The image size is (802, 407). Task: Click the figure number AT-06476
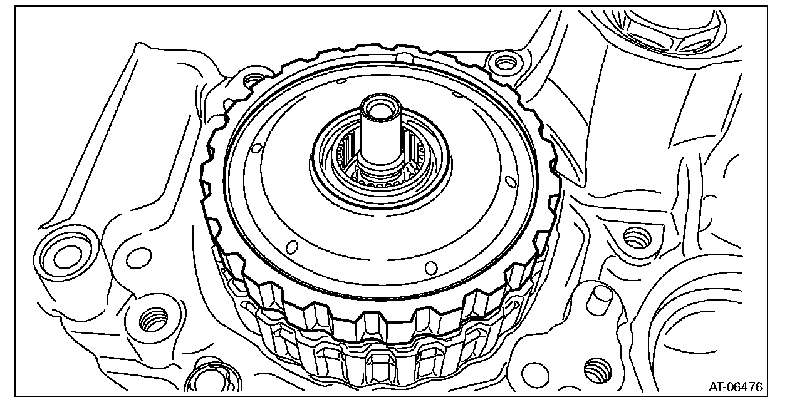(736, 386)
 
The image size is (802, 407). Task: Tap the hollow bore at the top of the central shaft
(380, 110)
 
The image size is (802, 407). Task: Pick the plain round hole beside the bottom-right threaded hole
(535, 376)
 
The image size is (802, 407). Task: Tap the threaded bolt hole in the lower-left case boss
(153, 320)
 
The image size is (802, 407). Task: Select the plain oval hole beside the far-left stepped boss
(139, 258)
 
